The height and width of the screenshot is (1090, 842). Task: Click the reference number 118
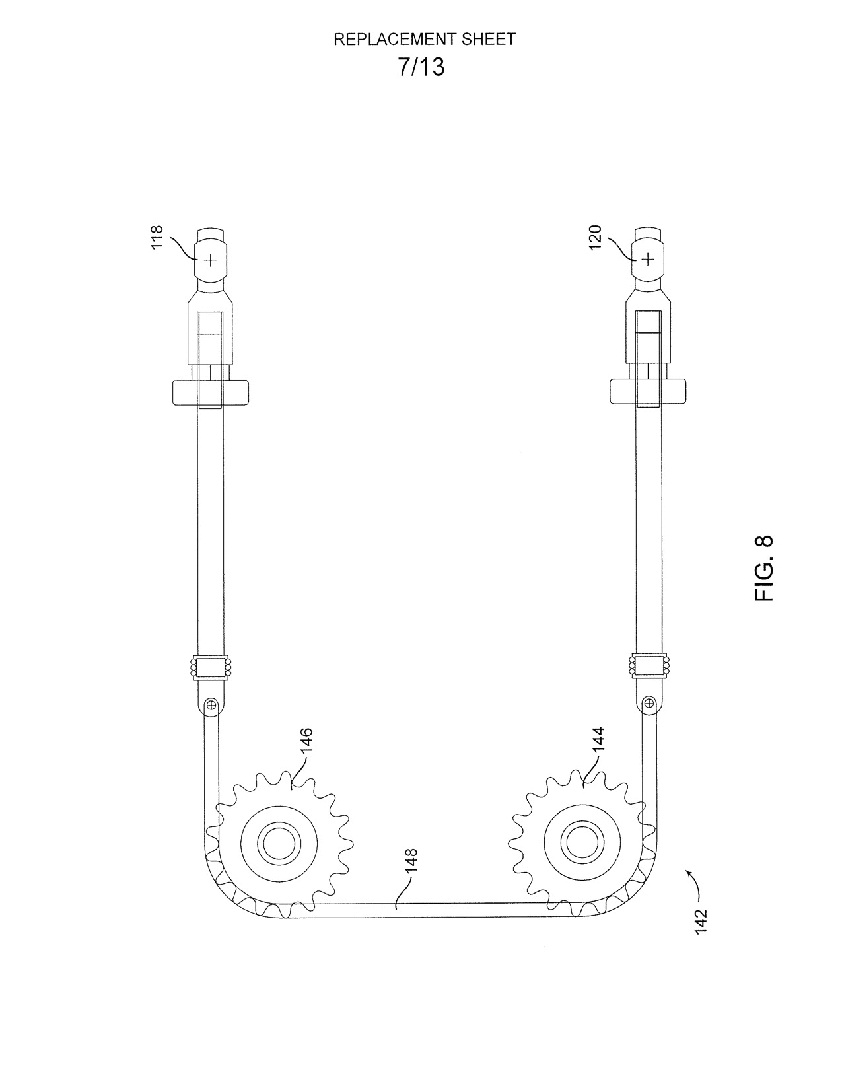coord(157,236)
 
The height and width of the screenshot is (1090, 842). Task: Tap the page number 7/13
coord(421,67)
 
